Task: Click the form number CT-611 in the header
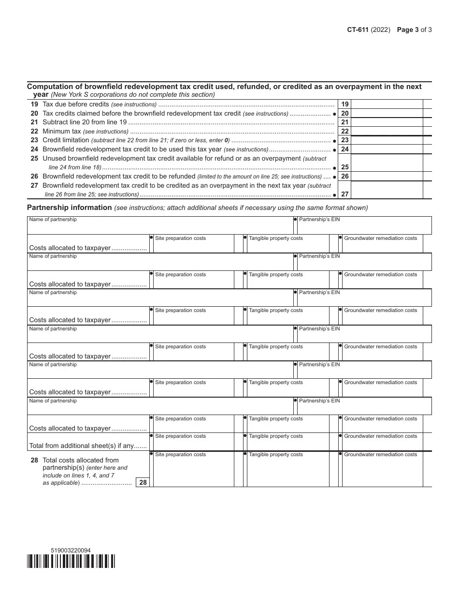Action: coord(358,30)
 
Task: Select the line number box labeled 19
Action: coord(345,104)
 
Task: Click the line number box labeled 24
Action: coord(345,149)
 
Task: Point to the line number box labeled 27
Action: coord(345,194)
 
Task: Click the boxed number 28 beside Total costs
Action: coord(143,482)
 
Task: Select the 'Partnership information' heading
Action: coord(70,208)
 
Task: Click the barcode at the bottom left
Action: coord(71,561)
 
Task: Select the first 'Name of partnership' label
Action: coord(53,220)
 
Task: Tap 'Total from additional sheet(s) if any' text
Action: coord(87,446)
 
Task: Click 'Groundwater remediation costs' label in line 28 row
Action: coord(380,455)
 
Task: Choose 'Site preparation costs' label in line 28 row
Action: coord(180,455)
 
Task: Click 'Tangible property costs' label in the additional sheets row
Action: coord(275,436)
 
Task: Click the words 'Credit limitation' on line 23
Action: coord(66,140)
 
